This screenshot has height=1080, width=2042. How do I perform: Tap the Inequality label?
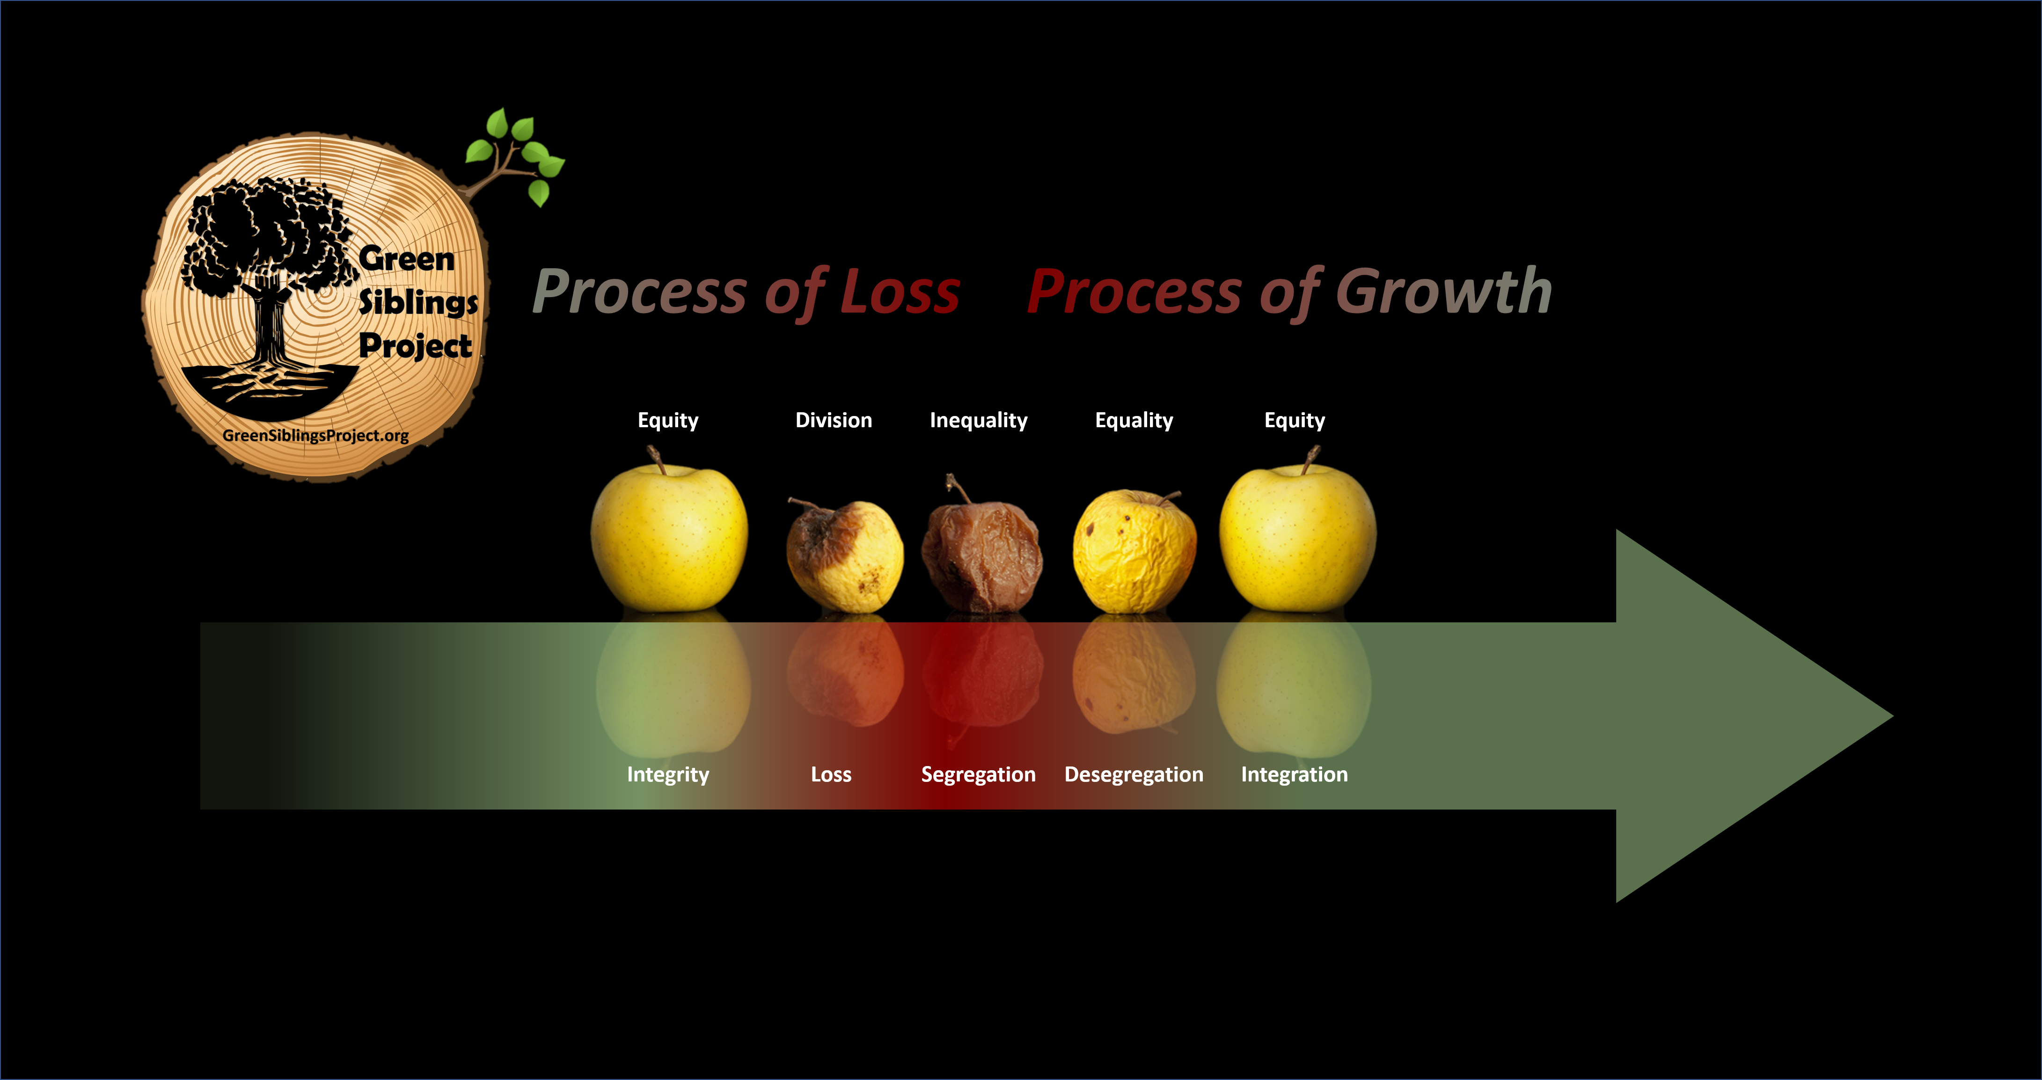[978, 421]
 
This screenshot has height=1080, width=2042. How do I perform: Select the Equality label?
[1134, 421]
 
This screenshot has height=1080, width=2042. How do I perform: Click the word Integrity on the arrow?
[667, 775]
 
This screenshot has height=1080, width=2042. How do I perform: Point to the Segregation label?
[978, 775]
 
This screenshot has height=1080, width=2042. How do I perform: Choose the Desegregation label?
[1134, 775]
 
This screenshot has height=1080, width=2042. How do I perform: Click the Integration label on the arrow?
[1294, 775]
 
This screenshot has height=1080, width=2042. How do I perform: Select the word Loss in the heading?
[900, 292]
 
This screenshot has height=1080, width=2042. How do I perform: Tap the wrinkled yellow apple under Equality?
[1134, 552]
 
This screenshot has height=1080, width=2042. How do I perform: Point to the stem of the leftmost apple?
[656, 459]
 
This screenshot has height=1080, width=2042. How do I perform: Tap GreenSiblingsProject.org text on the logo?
[315, 436]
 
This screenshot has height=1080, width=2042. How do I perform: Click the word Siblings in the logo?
[418, 302]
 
